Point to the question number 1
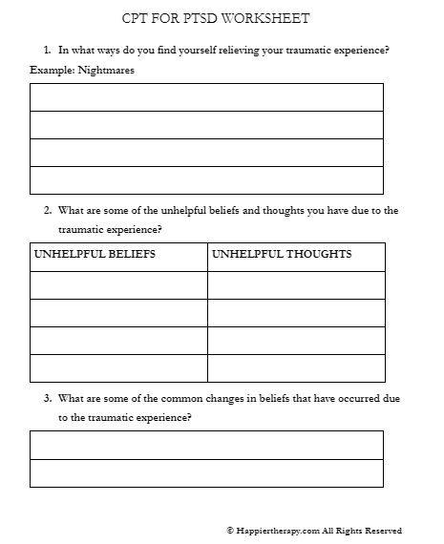tap(47, 50)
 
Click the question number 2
tap(47, 210)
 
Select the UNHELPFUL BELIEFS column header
tap(95, 255)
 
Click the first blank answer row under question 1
tap(206, 97)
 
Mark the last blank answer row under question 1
tap(206, 180)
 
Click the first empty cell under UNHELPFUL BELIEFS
tap(118, 285)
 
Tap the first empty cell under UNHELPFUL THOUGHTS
tap(296, 285)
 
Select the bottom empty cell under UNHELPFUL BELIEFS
tap(118, 368)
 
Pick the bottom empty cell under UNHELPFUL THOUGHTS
tap(296, 368)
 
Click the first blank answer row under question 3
tap(206, 445)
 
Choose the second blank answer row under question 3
tap(206, 473)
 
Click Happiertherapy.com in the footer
tap(278, 531)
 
